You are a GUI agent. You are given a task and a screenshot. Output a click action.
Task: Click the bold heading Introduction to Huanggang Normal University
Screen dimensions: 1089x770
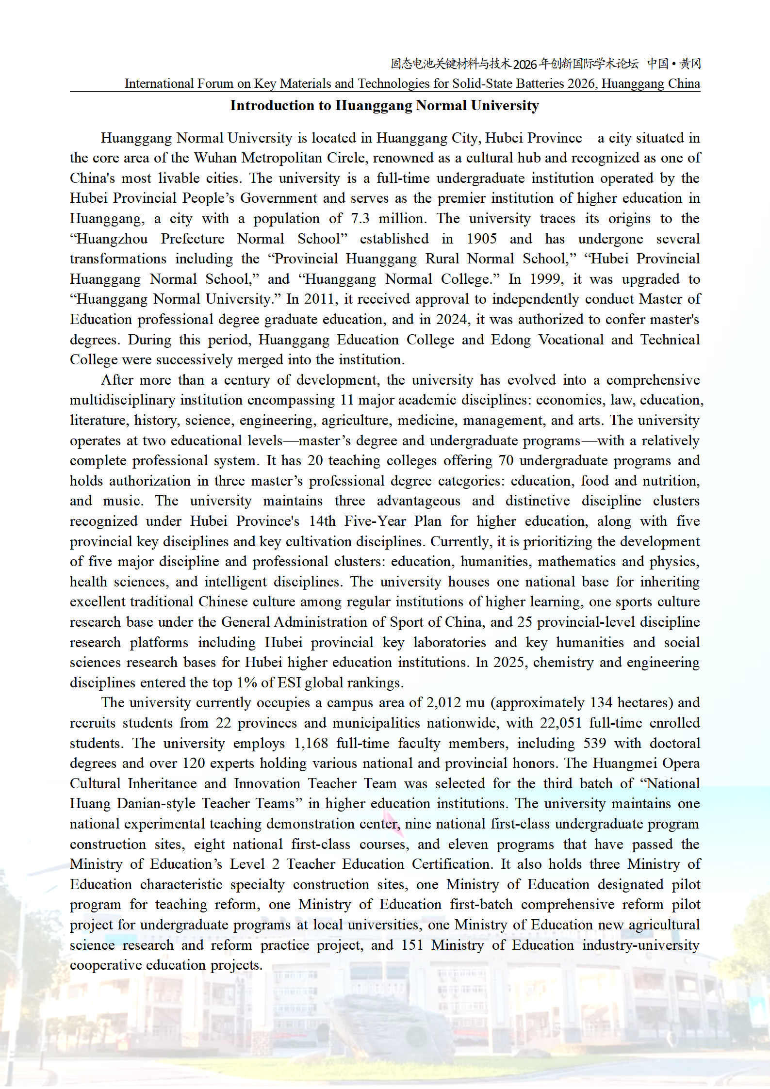point(384,105)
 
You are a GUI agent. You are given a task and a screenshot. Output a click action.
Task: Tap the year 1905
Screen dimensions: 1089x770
point(481,239)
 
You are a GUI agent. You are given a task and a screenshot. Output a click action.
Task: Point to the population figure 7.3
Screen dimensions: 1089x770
point(360,218)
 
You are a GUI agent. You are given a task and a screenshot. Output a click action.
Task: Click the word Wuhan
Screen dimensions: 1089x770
point(215,158)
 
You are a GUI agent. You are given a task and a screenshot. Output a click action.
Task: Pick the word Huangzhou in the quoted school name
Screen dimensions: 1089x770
point(112,239)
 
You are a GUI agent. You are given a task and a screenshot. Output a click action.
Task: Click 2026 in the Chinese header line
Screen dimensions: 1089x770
point(525,64)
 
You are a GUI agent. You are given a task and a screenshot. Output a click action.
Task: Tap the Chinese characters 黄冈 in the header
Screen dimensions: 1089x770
point(690,64)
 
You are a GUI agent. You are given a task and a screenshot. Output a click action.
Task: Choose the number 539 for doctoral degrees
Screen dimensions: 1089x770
point(595,743)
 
